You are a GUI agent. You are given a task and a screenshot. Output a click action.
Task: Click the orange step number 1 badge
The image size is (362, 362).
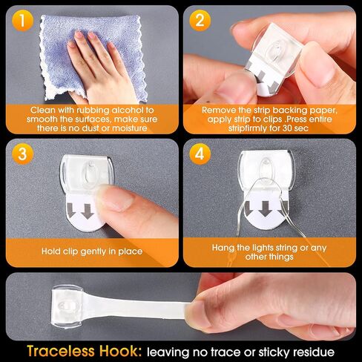pyautogui.click(x=22, y=21)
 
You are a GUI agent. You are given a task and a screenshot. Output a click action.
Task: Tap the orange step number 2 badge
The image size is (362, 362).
pyautogui.click(x=200, y=21)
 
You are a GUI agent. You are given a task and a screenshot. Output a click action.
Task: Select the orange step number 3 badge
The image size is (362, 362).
pyautogui.click(x=22, y=154)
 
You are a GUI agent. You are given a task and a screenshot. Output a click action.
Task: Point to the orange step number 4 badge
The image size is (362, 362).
pyautogui.click(x=200, y=154)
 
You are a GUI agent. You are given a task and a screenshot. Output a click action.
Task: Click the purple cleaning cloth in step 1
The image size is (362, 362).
pyautogui.click(x=91, y=58)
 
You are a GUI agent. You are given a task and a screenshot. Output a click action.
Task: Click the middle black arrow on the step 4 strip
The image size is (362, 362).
pyautogui.click(x=266, y=208)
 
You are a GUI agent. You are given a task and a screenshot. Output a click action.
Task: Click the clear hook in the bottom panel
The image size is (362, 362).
pyautogui.click(x=67, y=307)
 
